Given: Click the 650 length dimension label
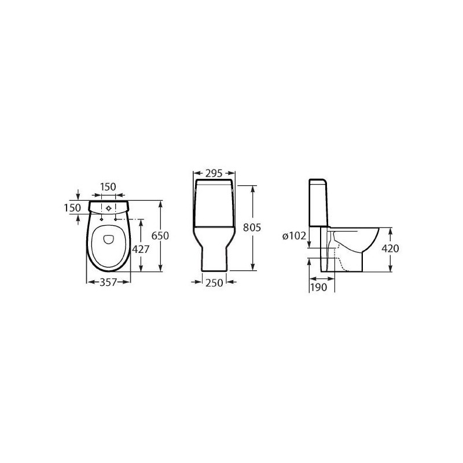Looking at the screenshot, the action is click(x=160, y=236).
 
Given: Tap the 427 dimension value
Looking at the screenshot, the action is click(x=141, y=249).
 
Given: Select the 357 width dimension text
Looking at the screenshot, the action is click(x=108, y=282).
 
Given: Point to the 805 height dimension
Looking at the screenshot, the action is click(x=252, y=227).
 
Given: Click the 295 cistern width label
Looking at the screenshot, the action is click(x=214, y=173).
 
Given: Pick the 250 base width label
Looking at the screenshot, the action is click(x=214, y=283).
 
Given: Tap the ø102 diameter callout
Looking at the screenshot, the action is click(x=295, y=236).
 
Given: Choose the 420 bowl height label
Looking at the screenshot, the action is click(x=390, y=249).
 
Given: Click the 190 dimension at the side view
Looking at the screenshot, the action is click(x=319, y=287).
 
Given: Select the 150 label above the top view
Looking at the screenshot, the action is click(x=108, y=186).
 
